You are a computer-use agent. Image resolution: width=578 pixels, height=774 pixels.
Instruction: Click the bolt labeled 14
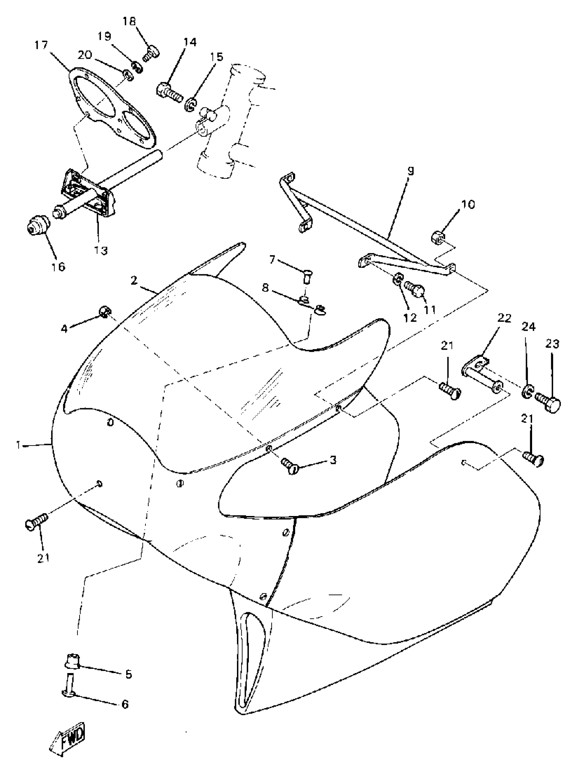(x=169, y=91)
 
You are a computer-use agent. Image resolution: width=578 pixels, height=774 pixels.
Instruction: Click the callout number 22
(x=504, y=318)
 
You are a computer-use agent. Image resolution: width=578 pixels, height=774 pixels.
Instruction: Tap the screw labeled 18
(x=152, y=54)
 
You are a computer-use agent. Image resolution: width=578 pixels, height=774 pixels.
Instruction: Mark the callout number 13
(x=101, y=251)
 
